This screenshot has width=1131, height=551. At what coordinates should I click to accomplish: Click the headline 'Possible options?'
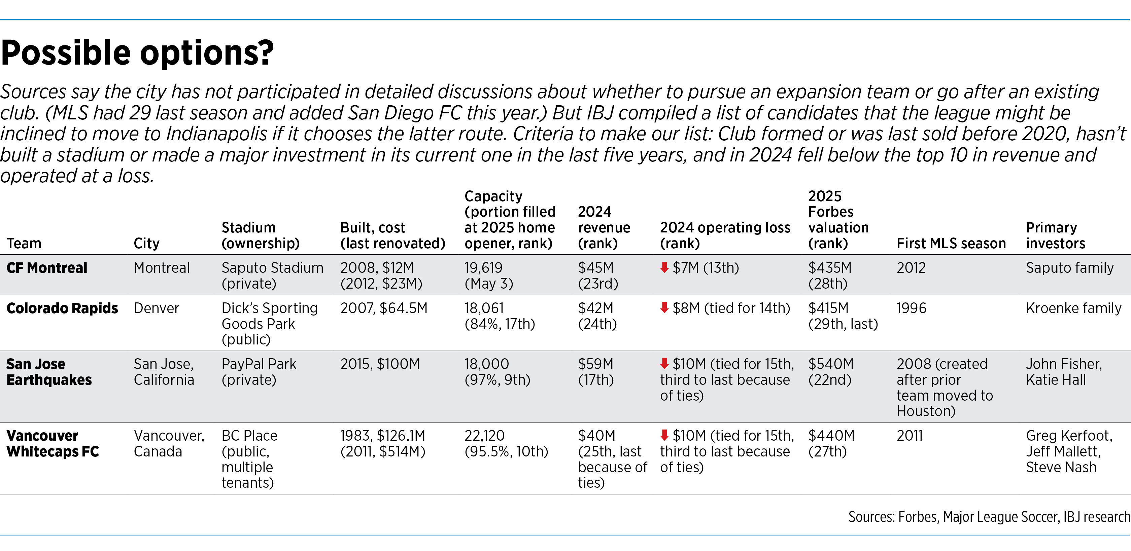pos(137,53)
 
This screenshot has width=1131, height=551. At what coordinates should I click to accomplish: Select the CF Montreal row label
pos(47,268)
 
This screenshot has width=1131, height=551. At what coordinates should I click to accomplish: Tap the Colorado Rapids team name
pos(62,308)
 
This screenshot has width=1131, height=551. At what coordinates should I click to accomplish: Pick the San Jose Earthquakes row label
pos(49,372)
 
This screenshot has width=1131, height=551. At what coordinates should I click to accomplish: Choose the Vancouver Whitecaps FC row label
pos(53,443)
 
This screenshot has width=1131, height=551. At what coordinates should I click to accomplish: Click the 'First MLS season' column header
pos(951,244)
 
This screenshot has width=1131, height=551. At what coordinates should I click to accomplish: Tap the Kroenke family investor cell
pos(1073,308)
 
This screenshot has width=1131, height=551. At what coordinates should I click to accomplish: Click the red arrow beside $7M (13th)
pos(664,267)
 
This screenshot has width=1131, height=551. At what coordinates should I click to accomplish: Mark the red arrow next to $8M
pos(664,307)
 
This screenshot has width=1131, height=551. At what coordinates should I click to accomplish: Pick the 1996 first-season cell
pos(911,308)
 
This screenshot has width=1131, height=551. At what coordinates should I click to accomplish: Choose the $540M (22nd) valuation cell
pos(831,372)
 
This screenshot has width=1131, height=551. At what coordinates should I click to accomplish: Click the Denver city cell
pos(156,308)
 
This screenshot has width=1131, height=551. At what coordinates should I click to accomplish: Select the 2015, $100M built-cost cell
pos(380,364)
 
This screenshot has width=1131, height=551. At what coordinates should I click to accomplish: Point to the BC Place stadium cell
pos(249,459)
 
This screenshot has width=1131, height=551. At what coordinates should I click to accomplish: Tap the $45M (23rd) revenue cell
pos(597,276)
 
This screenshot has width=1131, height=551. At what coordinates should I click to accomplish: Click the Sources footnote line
pos(989,517)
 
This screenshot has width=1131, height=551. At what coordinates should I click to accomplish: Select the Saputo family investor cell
pos(1069,268)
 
